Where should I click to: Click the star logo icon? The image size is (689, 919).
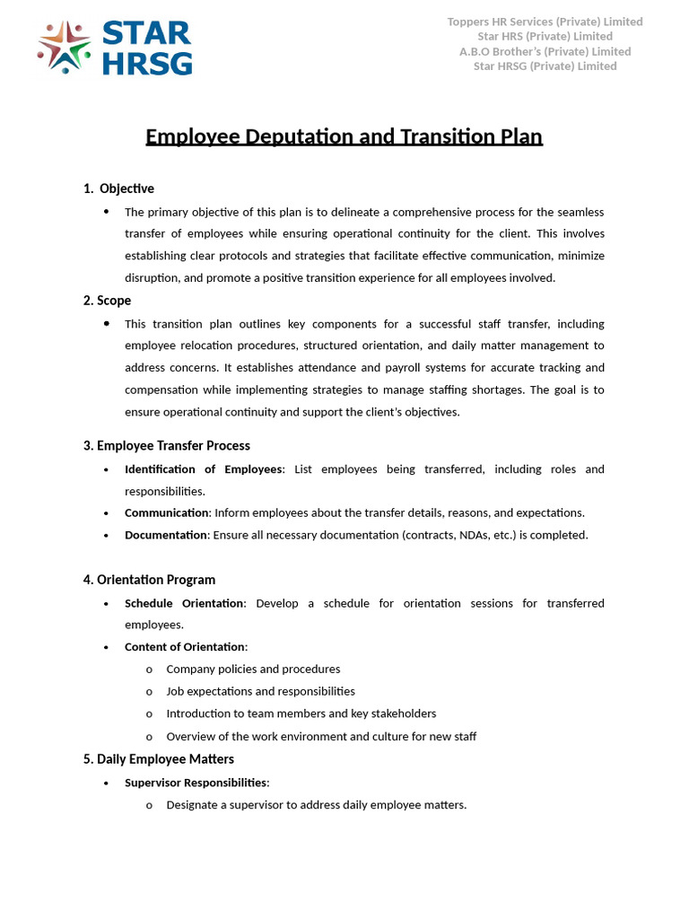click(64, 47)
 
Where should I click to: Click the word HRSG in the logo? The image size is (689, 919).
click(146, 63)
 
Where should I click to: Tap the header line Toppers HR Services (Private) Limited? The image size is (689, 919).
click(545, 22)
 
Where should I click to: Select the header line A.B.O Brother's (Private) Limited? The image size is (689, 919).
click(545, 51)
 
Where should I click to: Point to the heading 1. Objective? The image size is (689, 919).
click(118, 188)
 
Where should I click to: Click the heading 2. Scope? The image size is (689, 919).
click(107, 301)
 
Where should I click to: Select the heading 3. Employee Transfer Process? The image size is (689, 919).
click(166, 446)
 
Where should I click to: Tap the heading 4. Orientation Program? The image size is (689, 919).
click(149, 580)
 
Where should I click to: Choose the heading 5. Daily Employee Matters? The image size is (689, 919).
click(158, 759)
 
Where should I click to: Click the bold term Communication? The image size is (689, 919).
click(166, 513)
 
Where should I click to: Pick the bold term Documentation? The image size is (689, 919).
click(166, 535)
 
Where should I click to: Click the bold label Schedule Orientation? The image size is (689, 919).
click(184, 603)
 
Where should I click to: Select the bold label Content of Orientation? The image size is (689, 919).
click(184, 647)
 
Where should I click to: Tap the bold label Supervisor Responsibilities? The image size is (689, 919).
click(196, 783)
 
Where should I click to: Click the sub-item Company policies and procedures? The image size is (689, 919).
click(253, 670)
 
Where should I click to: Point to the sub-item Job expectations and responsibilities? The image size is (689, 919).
click(260, 691)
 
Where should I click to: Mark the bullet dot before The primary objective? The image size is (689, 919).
click(107, 212)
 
